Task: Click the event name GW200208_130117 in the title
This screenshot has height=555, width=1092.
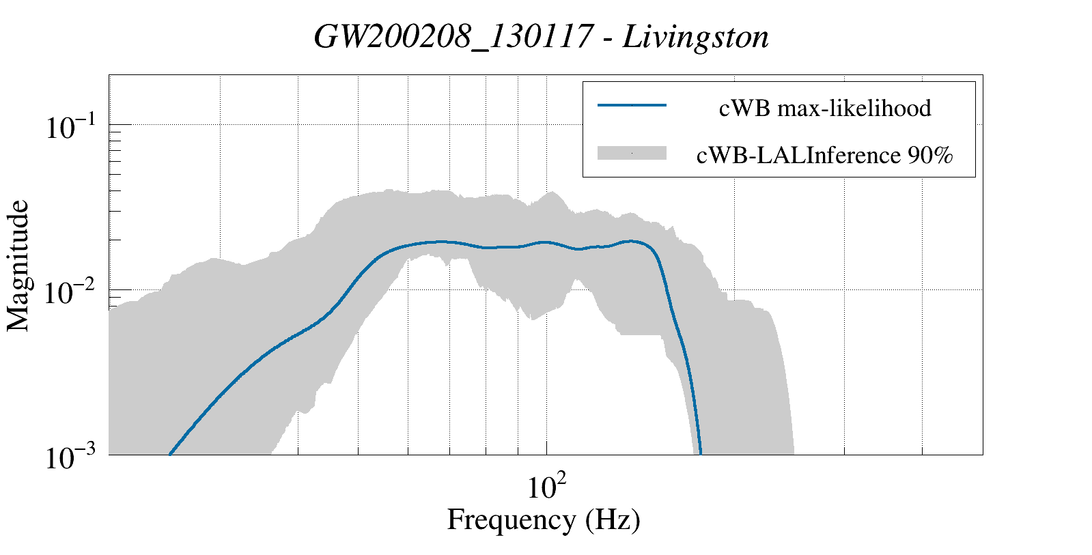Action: (x=453, y=38)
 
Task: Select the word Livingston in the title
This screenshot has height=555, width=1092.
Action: (x=696, y=38)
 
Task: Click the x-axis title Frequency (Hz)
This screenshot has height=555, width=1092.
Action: (x=544, y=520)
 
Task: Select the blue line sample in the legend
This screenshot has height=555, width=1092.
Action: (x=632, y=106)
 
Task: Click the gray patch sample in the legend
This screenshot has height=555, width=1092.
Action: (x=632, y=154)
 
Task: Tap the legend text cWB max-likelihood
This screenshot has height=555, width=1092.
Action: (x=825, y=108)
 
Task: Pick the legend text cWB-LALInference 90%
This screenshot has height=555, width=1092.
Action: (x=824, y=156)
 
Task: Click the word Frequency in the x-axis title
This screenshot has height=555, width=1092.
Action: (x=511, y=520)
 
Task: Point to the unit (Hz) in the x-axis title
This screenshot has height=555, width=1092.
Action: (x=613, y=520)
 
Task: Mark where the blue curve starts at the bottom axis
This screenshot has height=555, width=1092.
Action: (x=170, y=453)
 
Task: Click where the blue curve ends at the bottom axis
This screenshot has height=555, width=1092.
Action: (x=701, y=453)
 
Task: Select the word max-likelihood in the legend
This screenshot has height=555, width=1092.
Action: (x=854, y=108)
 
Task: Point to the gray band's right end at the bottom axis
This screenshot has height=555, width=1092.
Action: (x=793, y=453)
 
